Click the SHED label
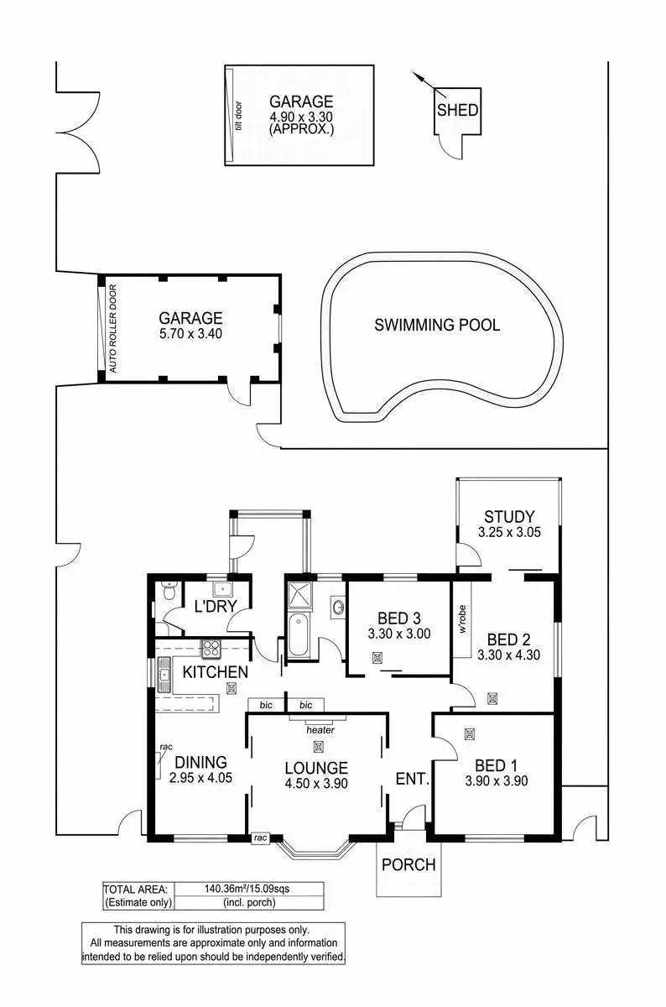(x=457, y=110)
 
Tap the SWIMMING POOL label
(x=437, y=325)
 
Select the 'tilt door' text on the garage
(x=238, y=116)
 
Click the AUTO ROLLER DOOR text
(x=112, y=328)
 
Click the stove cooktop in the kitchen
(x=211, y=648)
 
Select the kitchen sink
(x=164, y=675)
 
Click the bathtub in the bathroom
(x=298, y=636)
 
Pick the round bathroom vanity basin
(x=338, y=607)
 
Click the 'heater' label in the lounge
(x=320, y=729)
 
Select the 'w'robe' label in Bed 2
(x=462, y=619)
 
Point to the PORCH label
(x=408, y=864)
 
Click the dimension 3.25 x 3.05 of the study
(x=509, y=532)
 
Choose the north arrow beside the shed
(x=429, y=85)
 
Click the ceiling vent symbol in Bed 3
(x=377, y=658)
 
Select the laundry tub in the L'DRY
(x=221, y=589)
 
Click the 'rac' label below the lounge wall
(x=260, y=837)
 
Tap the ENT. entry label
(x=412, y=778)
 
